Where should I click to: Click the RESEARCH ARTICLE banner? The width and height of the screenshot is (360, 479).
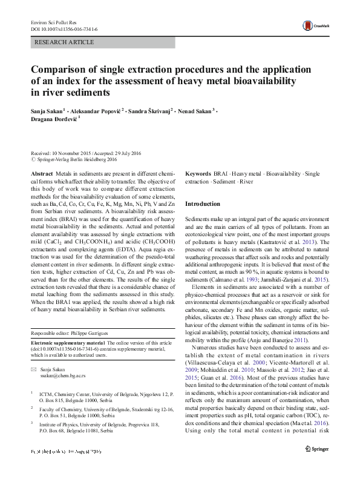coord(65,42)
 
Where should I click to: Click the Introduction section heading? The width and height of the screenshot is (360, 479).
coord(202,203)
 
